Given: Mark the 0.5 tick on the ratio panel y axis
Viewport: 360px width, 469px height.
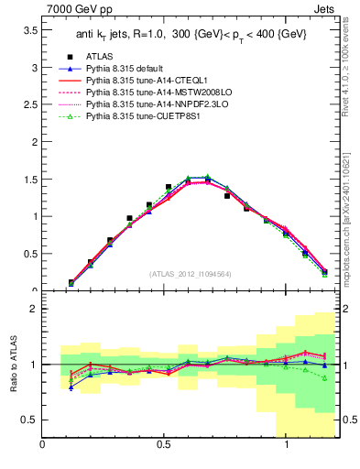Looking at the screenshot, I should click(28, 420).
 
